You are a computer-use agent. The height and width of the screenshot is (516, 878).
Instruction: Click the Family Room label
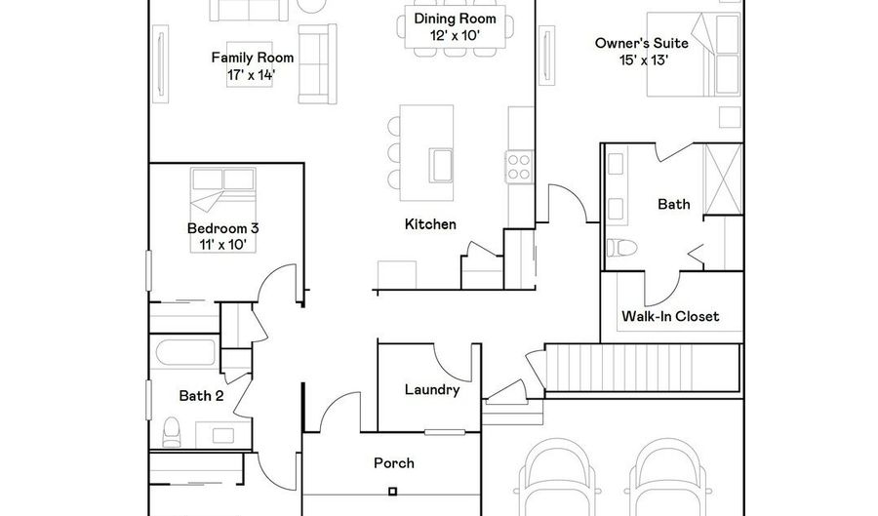(253, 58)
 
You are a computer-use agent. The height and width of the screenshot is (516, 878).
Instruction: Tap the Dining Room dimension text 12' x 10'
(455, 35)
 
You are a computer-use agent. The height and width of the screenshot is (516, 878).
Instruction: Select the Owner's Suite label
(642, 43)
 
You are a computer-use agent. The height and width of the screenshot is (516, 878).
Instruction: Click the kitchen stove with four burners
(517, 165)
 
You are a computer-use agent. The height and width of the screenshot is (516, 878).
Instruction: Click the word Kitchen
(430, 224)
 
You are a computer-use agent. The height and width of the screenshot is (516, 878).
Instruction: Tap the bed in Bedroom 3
(221, 191)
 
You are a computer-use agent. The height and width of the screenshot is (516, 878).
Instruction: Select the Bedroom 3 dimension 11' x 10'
(222, 245)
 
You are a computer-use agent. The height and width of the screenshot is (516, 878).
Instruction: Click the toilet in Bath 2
(173, 430)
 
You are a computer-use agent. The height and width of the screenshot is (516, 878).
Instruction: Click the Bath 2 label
(202, 396)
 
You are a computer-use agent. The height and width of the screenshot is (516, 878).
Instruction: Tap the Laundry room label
(431, 389)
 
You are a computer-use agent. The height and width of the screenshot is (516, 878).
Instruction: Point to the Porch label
(393, 462)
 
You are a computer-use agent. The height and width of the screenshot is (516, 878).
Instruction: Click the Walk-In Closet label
(670, 316)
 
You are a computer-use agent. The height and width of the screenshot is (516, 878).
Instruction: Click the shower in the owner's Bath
(723, 179)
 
